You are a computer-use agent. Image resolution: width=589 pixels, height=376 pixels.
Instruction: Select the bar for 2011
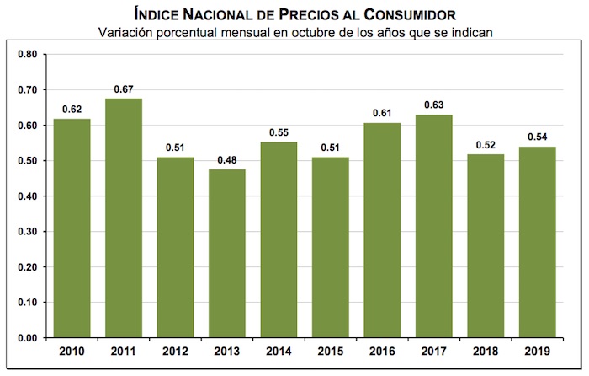point(124,218)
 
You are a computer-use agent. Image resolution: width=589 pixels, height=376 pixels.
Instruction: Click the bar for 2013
point(227,254)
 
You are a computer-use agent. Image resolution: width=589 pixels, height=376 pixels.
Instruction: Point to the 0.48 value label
point(227,160)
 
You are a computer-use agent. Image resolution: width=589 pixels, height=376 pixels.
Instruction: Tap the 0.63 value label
point(435,105)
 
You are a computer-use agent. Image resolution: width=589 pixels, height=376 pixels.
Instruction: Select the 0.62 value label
point(72,110)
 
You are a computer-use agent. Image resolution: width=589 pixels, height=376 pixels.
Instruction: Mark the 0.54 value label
point(539,137)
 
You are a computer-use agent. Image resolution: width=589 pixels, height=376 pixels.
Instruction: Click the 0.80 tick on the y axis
point(27,54)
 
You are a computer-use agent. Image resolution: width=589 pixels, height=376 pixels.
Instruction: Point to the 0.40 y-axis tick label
point(27,196)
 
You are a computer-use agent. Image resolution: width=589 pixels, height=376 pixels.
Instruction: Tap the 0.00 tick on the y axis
point(27,338)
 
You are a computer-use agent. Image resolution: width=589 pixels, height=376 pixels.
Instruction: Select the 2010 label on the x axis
point(72,352)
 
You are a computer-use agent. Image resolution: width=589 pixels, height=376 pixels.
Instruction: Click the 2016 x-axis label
point(383,352)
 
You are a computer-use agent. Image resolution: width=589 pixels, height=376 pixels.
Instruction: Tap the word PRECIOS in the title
point(289,14)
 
